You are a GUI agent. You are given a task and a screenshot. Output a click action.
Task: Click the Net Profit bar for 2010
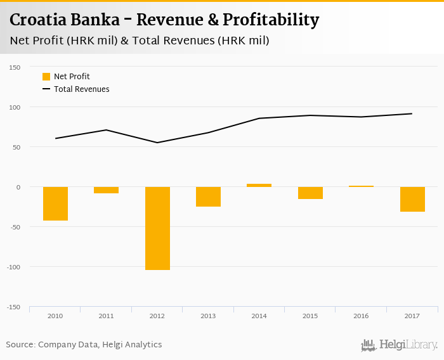[55, 203]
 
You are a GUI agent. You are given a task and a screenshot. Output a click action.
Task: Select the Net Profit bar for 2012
[157, 228]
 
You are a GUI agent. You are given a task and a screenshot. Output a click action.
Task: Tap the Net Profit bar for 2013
[208, 196]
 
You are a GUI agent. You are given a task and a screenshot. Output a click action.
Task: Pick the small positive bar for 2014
[259, 185]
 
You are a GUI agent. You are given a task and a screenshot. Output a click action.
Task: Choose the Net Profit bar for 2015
[310, 193]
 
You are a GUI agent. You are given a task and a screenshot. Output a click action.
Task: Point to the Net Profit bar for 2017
[412, 199]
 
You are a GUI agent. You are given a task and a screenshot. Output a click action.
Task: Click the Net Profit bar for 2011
[106, 190]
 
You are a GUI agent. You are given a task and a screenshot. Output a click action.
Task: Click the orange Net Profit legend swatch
[46, 77]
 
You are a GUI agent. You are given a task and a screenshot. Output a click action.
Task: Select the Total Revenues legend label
[81, 89]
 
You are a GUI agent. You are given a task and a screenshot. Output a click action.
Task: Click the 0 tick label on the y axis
[18, 187]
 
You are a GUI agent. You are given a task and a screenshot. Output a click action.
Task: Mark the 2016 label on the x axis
[361, 315]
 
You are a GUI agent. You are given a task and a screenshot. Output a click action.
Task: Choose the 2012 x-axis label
[157, 315]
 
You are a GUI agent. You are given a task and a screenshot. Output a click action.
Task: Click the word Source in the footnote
[20, 345]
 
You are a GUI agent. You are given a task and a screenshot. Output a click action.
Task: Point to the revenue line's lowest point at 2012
[157, 143]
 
